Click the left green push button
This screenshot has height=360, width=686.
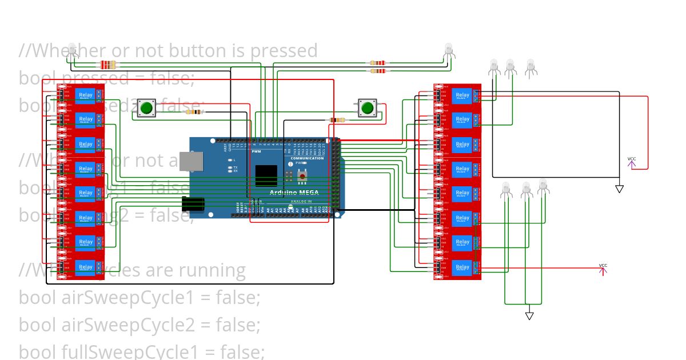click(147, 107)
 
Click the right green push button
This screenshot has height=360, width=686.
click(367, 107)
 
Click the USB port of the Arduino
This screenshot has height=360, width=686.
click(191, 162)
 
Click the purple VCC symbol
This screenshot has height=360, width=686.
click(632, 162)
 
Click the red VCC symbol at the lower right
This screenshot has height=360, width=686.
click(603, 269)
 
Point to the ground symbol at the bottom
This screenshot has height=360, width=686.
click(529, 315)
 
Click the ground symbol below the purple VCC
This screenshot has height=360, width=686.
click(619, 189)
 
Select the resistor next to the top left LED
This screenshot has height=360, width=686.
click(107, 64)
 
